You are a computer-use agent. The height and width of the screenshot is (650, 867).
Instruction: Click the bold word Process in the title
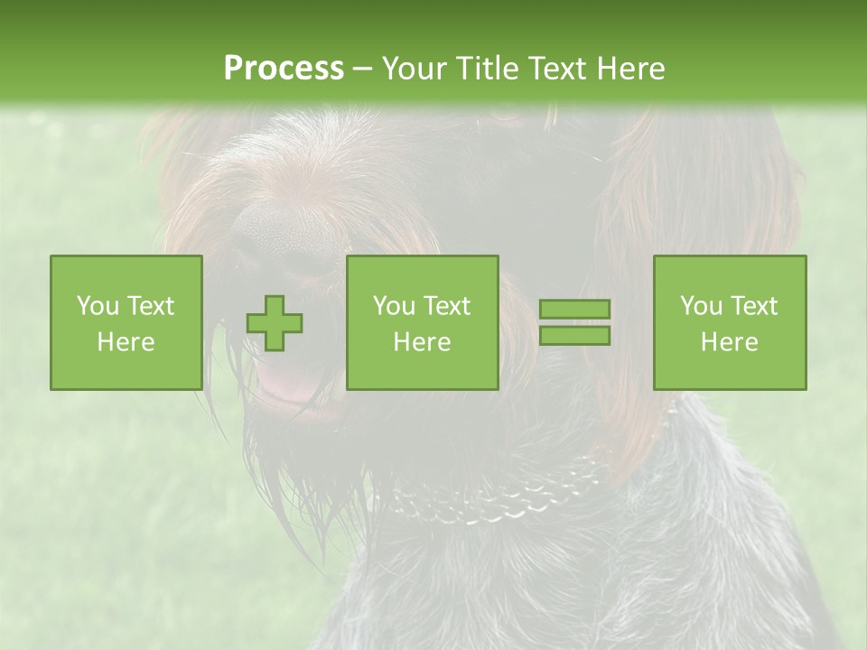click(284, 69)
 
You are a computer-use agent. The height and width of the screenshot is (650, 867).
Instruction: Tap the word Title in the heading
click(488, 69)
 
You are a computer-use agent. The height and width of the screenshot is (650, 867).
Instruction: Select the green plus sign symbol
click(275, 323)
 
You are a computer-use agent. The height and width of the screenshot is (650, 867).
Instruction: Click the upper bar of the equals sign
click(574, 310)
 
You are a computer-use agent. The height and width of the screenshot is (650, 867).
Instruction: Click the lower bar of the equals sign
click(574, 335)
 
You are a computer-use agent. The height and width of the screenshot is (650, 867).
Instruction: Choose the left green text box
click(126, 322)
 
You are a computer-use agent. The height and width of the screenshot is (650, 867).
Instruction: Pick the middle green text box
click(422, 322)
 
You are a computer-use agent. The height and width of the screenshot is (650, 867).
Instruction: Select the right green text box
click(729, 322)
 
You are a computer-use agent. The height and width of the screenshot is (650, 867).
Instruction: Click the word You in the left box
click(98, 306)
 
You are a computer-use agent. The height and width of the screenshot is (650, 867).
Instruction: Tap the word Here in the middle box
click(422, 342)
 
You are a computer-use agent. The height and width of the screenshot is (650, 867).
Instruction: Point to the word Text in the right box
click(754, 306)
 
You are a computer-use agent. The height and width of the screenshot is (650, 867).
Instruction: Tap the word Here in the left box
click(126, 342)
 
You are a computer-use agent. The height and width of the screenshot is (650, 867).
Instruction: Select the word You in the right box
click(701, 306)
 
